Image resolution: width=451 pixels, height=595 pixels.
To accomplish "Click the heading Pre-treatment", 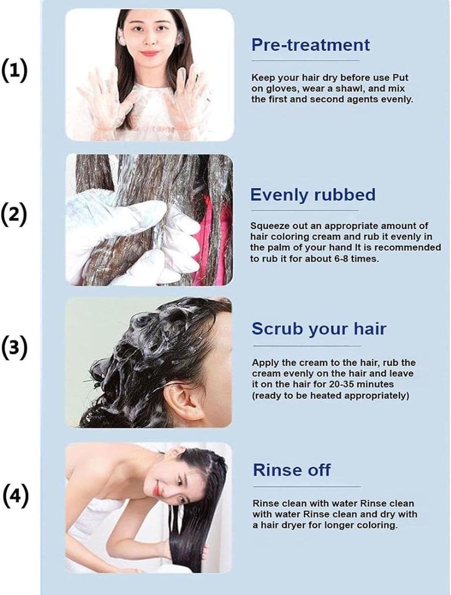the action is pyautogui.click(x=311, y=45).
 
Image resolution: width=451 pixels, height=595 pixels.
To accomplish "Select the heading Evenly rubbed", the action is pyautogui.click(x=313, y=195).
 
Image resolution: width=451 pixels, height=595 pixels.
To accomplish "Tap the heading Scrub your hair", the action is pyautogui.click(x=319, y=329).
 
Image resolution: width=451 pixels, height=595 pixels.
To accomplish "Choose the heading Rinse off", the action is pyautogui.click(x=292, y=470).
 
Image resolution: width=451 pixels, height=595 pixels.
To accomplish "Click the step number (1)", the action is pyautogui.click(x=15, y=70).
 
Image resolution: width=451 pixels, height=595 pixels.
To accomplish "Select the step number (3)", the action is pyautogui.click(x=15, y=348).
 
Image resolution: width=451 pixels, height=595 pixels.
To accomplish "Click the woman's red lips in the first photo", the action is pyautogui.click(x=149, y=53).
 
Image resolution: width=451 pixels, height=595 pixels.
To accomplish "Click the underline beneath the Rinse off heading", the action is pyautogui.click(x=307, y=487).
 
